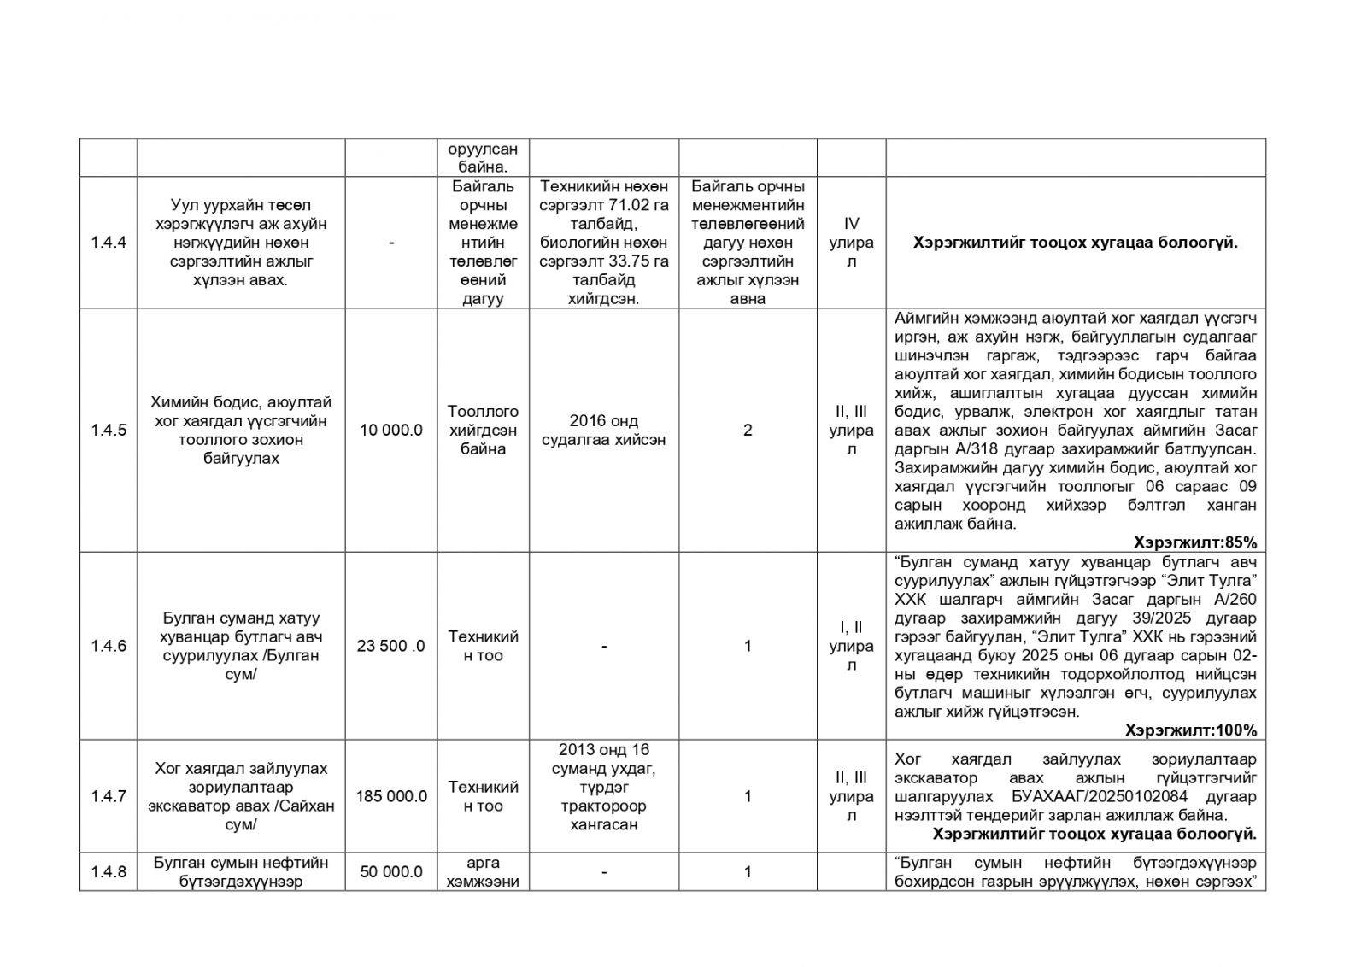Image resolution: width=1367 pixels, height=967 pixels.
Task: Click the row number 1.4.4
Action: tap(108, 243)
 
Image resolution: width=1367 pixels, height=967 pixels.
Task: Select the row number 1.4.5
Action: tap(108, 431)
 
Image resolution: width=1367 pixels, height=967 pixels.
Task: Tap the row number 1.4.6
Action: tap(108, 646)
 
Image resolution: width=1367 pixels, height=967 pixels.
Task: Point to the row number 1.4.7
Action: tap(108, 796)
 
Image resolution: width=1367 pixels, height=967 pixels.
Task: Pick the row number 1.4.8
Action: tap(108, 871)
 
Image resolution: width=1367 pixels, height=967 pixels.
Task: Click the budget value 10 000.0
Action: tap(391, 431)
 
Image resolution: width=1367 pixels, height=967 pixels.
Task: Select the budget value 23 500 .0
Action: tap(391, 646)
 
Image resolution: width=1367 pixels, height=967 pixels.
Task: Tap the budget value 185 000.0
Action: tap(391, 796)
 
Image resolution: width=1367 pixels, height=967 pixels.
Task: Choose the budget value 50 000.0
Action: tap(391, 871)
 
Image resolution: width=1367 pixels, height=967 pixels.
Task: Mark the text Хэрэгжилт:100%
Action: tap(1190, 730)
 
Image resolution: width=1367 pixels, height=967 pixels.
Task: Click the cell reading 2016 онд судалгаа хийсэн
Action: tap(604, 431)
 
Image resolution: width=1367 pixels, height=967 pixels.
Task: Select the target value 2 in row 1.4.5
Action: tap(748, 431)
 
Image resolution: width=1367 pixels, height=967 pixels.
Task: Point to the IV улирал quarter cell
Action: tap(851, 243)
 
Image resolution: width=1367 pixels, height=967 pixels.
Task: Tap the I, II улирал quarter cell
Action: tap(851, 646)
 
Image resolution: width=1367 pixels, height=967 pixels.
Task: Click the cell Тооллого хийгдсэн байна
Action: tap(483, 431)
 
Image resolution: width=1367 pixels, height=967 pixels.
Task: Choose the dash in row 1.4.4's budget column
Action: tap(391, 243)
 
